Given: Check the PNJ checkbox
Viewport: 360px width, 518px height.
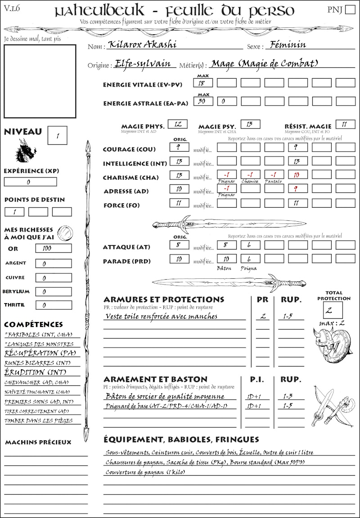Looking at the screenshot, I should (x=350, y=10).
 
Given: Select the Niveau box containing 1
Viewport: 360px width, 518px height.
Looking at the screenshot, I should (x=58, y=135).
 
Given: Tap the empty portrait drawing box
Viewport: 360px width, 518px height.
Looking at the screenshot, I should (x=40, y=81).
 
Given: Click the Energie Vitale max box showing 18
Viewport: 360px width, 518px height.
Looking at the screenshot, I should (x=203, y=83).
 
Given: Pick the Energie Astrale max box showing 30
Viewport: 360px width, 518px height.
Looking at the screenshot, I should (x=203, y=102).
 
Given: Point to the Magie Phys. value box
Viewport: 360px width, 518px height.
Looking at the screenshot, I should (x=177, y=124).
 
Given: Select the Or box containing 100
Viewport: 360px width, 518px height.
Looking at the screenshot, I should (x=54, y=248).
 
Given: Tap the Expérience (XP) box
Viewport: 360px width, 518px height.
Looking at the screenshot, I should (x=31, y=182).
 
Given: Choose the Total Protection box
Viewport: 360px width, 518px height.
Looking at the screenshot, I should (x=333, y=310).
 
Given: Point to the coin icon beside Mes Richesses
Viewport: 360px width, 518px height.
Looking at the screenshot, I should (x=65, y=233).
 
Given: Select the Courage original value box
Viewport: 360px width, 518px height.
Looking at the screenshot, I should (x=179, y=147).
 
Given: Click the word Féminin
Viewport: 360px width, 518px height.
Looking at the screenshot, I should (x=286, y=45).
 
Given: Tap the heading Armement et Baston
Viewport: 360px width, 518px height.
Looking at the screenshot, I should (x=155, y=380).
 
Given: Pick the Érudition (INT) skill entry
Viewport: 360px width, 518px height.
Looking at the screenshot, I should (x=31, y=372).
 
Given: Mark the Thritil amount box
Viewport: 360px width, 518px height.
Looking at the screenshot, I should (x=54, y=305).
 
